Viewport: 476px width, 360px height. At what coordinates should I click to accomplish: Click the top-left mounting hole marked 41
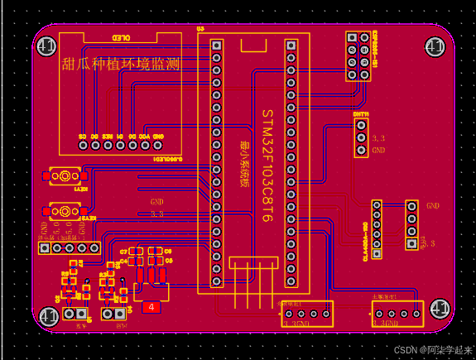tap(46, 46)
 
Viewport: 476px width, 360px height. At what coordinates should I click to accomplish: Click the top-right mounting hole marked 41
tap(435, 46)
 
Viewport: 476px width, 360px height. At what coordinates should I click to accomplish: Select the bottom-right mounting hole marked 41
tap(439, 310)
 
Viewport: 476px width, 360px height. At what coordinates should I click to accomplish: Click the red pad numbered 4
tap(151, 308)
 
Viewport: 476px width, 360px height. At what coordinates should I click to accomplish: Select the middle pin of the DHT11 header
tap(361, 137)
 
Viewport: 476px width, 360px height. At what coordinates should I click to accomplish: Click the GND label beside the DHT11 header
tap(379, 151)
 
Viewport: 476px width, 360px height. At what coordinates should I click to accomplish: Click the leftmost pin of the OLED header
tap(82, 145)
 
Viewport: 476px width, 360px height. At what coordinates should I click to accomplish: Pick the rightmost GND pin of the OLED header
tap(158, 145)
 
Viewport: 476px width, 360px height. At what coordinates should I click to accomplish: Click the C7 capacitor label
tap(123, 251)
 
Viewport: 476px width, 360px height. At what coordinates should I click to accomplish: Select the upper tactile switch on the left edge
tap(63, 176)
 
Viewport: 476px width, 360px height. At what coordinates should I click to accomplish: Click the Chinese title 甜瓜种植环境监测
tap(121, 64)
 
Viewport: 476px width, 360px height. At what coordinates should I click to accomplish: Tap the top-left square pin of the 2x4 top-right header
tap(351, 37)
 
